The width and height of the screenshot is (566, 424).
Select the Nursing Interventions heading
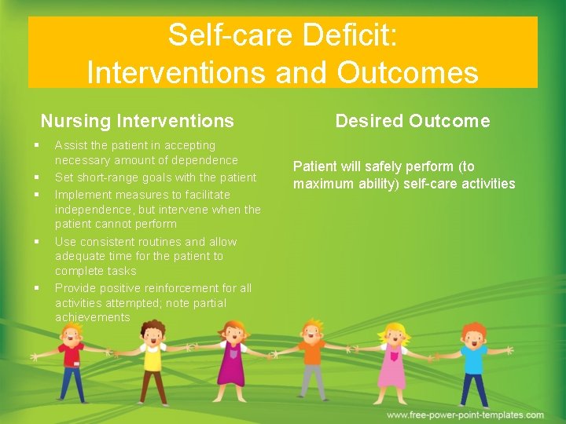[138, 121]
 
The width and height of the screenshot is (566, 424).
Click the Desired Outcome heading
[412, 121]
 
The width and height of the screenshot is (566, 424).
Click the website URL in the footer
[465, 415]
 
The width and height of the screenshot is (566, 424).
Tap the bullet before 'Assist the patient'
[37, 144]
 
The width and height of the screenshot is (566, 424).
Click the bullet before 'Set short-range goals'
[37, 177]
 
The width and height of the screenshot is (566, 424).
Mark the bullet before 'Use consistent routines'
[37, 242]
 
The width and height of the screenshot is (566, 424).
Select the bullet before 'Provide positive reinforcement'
[37, 288]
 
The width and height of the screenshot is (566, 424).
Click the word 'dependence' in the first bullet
[205, 161]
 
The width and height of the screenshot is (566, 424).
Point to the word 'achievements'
[92, 318]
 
